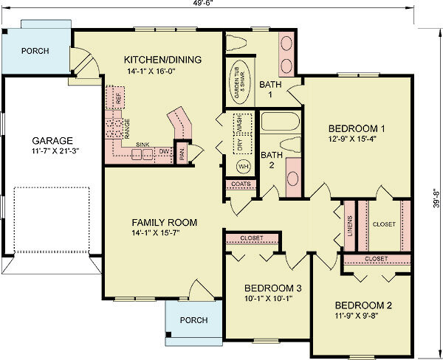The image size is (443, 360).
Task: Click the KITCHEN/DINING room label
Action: pyautogui.click(x=162, y=59)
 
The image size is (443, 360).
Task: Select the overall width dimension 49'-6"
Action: pyautogui.click(x=221, y=4)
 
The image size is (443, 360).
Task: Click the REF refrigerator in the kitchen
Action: pyautogui.click(x=117, y=97)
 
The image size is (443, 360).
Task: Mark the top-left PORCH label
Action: pyautogui.click(x=36, y=52)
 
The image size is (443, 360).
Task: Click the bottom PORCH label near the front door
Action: pyautogui.click(x=193, y=320)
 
